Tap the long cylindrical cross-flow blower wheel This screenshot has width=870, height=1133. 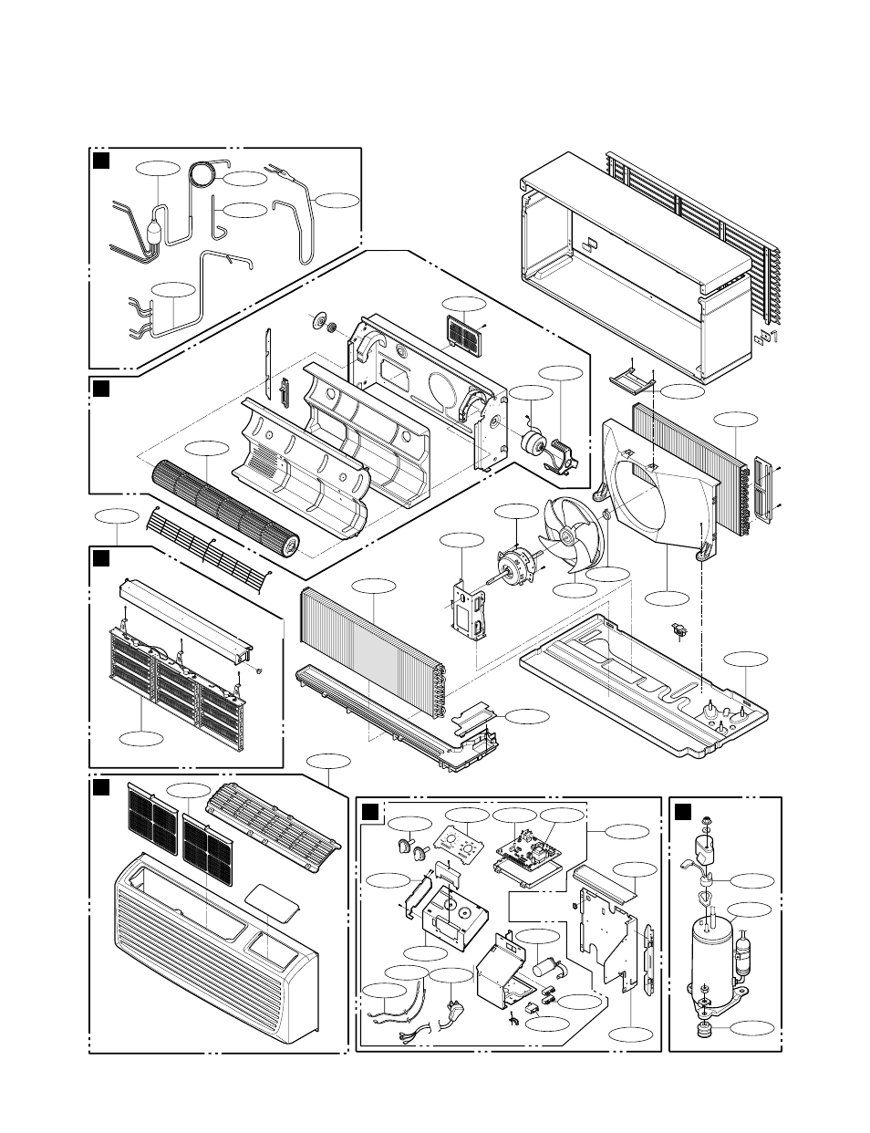[223, 506]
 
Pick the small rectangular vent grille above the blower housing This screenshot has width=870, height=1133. [464, 335]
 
